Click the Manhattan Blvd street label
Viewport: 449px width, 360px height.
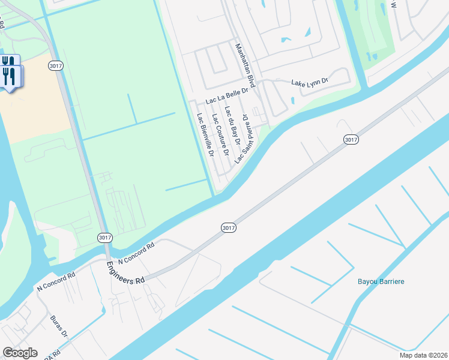point(246,66)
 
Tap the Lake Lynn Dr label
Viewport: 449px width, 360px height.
point(310,82)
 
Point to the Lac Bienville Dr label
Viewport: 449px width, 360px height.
point(206,135)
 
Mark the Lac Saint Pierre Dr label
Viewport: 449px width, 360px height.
point(242,139)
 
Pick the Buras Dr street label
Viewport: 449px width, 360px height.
point(59,326)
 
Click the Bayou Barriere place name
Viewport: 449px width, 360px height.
point(381,281)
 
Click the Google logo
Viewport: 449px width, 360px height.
point(20,353)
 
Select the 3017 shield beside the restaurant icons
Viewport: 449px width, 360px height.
point(55,65)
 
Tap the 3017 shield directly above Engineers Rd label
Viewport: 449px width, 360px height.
point(104,238)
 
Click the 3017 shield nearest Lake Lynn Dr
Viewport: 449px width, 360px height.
point(352,139)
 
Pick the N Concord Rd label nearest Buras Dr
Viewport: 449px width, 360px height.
point(56,279)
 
